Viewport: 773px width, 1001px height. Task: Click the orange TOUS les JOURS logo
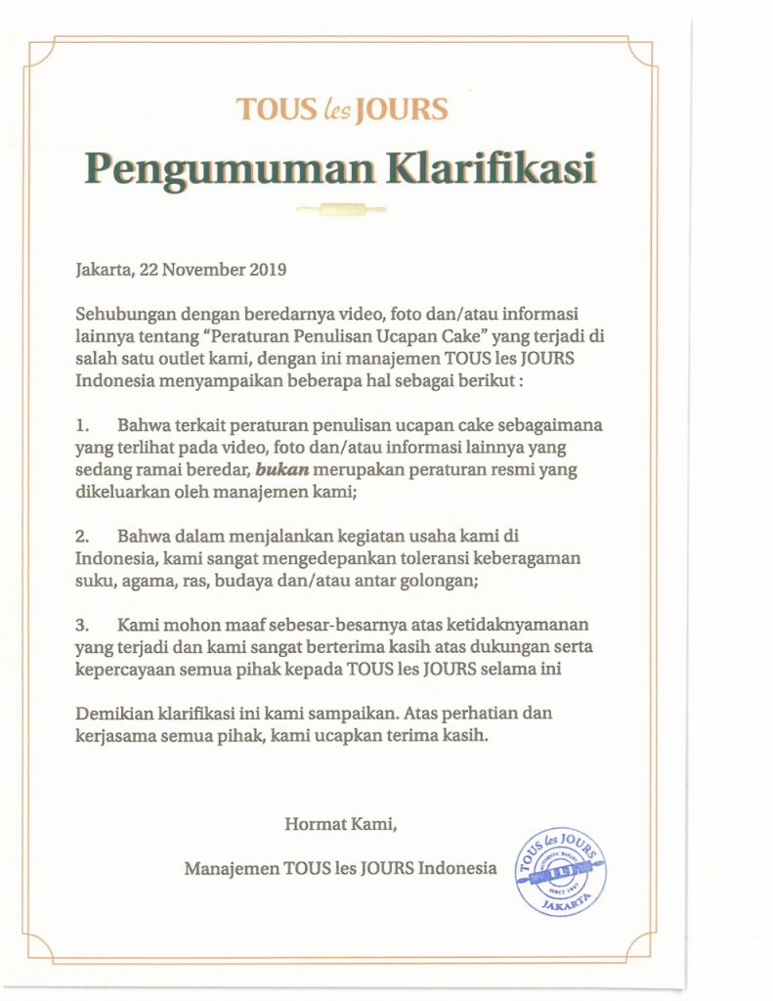click(x=342, y=108)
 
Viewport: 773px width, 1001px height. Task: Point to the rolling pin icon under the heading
click(x=341, y=208)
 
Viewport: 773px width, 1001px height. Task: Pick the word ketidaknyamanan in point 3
click(x=528, y=624)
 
